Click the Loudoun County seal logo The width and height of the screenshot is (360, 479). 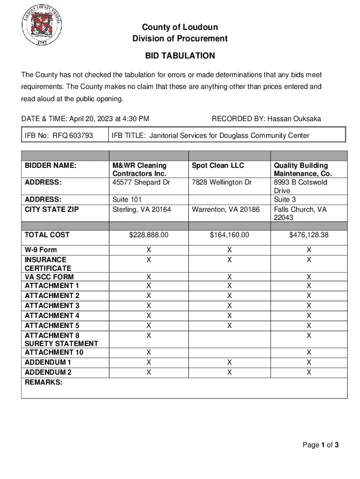coord(42,26)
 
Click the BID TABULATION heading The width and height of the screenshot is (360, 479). coord(180,56)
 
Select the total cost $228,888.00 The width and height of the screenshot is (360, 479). coord(149,235)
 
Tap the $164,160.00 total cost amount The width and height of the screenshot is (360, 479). coord(229,235)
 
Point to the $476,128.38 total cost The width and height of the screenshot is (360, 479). coord(309,235)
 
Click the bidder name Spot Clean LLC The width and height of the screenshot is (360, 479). coord(218,166)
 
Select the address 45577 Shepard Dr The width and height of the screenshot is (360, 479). coord(141,182)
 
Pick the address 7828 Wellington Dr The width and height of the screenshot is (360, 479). coord(222,182)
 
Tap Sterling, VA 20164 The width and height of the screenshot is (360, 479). coord(142,210)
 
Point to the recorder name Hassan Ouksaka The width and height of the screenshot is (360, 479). coord(294,119)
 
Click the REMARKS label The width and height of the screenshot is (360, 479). coord(43,382)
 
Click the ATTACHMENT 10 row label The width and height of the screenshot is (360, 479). coord(54,352)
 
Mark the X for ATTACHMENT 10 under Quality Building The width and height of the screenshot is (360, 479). coord(309,352)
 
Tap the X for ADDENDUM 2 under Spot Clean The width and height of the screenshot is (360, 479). coord(229,372)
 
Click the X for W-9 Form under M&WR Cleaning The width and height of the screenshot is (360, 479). coord(149,250)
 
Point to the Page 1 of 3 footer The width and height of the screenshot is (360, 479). coord(320,445)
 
